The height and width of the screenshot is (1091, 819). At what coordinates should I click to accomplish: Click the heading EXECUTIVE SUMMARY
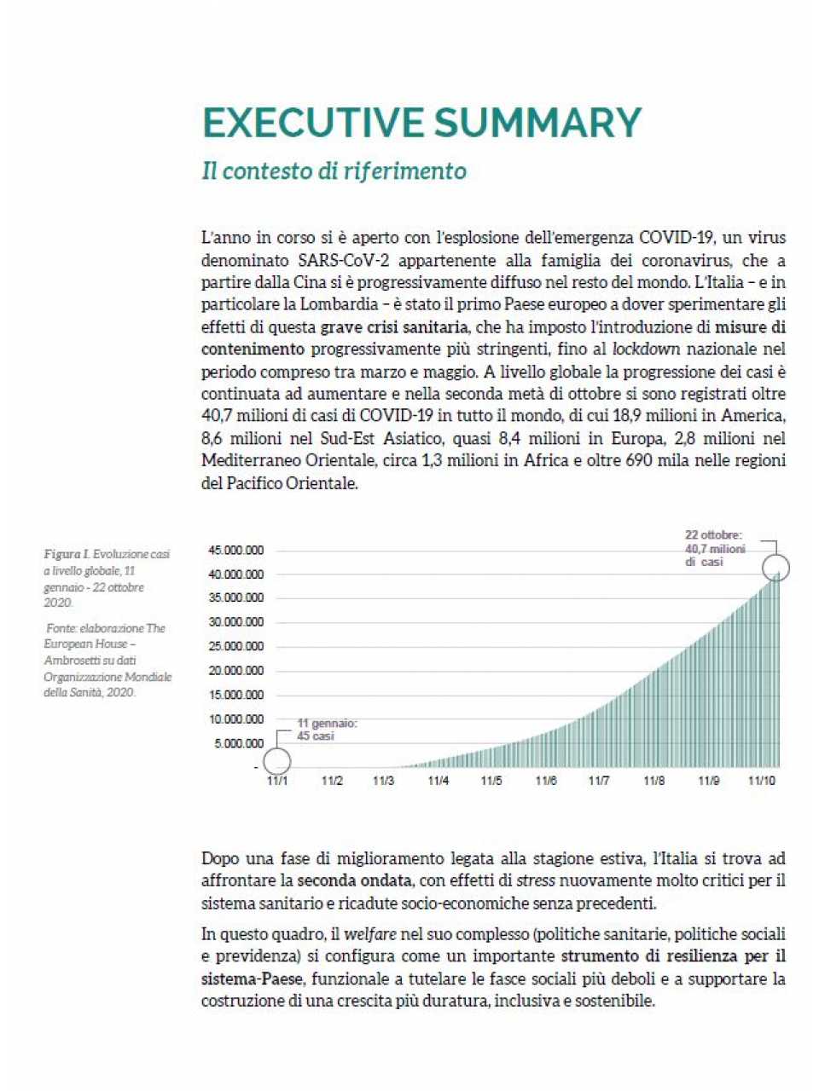point(421,123)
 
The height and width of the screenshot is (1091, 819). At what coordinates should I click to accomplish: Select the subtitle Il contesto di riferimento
point(334,170)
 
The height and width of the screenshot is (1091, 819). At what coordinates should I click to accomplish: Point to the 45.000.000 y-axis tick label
point(235,550)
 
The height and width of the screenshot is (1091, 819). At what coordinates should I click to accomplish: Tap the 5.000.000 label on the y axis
point(239,743)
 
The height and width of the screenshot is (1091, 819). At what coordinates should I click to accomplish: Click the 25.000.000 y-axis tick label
point(235,646)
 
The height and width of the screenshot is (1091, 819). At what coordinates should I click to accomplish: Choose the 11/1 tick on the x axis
point(276,781)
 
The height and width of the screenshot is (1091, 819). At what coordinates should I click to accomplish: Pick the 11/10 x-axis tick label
point(761,781)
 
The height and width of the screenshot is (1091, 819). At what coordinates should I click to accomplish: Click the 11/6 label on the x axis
point(545,781)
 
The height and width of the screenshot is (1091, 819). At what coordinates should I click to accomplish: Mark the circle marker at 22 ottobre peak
point(775,568)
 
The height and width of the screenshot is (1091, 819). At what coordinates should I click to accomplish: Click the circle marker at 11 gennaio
point(276,760)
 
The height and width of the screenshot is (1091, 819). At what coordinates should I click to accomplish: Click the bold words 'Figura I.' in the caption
point(67,554)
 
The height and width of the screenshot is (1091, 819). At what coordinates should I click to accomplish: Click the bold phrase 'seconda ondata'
point(354,880)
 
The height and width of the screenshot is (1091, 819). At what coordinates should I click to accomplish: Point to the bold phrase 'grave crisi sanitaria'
point(394,326)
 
